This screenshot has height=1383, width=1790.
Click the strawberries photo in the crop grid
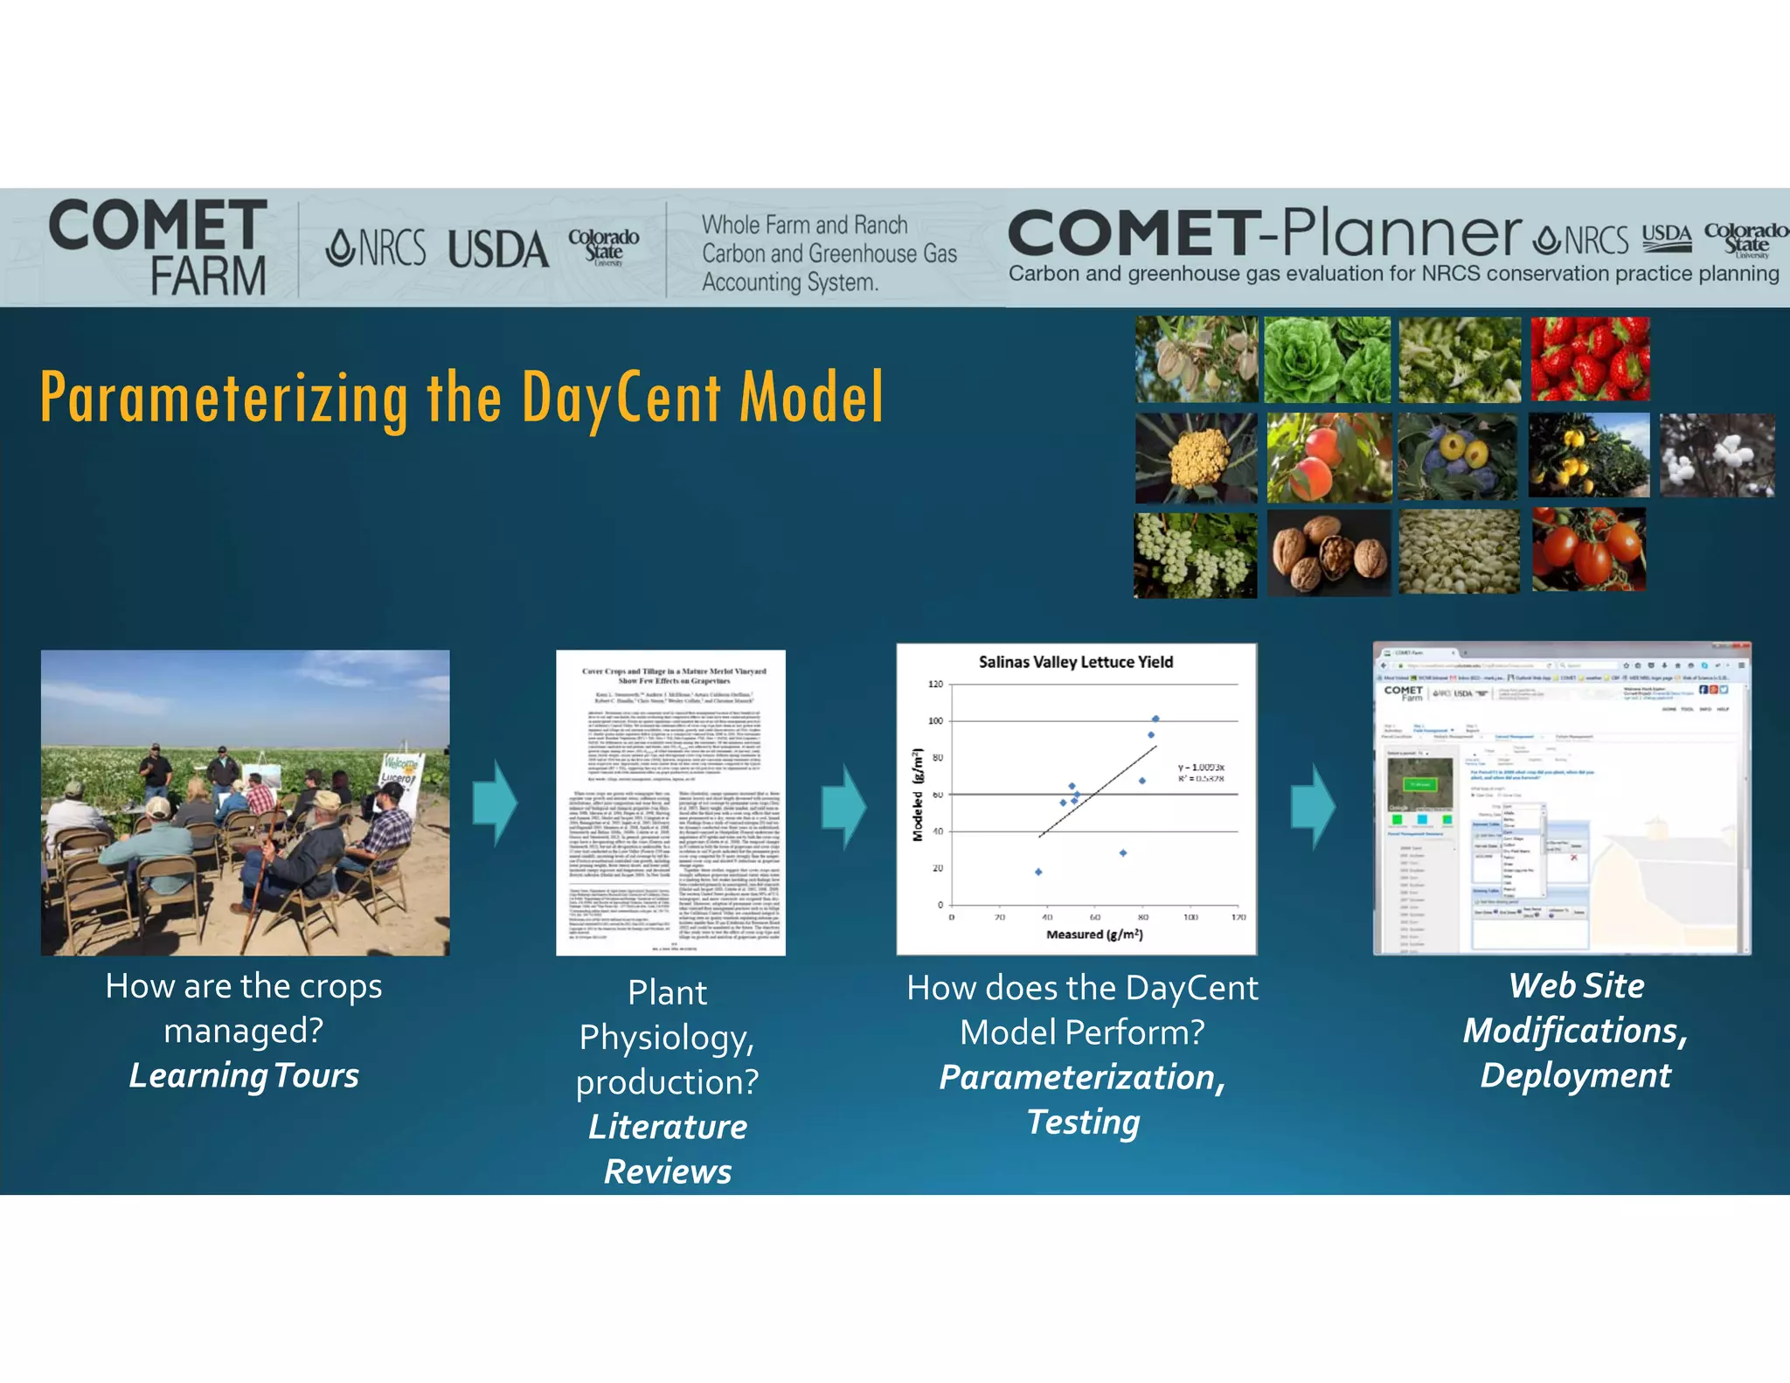[1590, 359]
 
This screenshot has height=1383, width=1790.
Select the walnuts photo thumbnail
[1329, 553]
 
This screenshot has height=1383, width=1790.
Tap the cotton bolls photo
[1717, 455]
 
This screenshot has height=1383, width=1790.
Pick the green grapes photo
[1195, 555]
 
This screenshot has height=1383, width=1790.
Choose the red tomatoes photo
[1588, 550]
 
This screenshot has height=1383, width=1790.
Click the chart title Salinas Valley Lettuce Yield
[1075, 662]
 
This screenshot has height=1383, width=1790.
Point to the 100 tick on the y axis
[935, 721]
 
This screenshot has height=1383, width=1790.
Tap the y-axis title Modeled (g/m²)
[917, 795]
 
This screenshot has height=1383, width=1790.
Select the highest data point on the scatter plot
[1155, 719]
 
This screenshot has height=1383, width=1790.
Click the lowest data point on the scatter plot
[1038, 872]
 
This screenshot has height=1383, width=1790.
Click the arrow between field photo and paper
[495, 803]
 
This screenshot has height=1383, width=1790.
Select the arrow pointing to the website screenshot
[1313, 806]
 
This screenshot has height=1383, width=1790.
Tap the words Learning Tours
[244, 1075]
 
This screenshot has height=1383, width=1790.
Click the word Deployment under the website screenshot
[1575, 1075]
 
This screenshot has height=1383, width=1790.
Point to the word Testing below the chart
[1083, 1122]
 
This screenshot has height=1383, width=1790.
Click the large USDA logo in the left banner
[497, 250]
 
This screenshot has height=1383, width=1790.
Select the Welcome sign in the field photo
[401, 770]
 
